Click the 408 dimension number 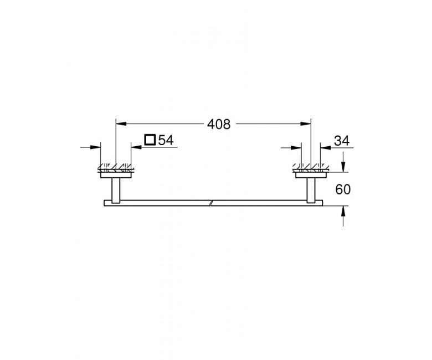click(x=219, y=124)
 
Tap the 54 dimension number click(x=166, y=140)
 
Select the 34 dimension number click(x=342, y=141)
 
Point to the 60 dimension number click(x=343, y=189)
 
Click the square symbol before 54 click(x=150, y=140)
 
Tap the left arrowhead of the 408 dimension click(x=121, y=124)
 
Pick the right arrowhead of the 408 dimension click(x=306, y=124)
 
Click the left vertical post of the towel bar click(x=116, y=191)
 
